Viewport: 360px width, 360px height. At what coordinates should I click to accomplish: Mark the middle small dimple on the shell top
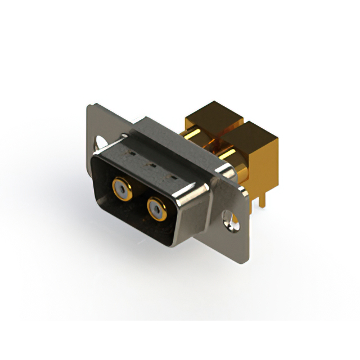tap(151, 165)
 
